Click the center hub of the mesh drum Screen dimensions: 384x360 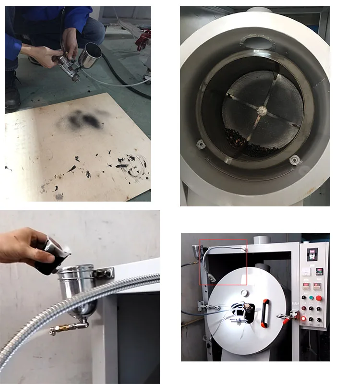[x=262, y=110]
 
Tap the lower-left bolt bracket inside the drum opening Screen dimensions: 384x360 [x=200, y=143]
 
